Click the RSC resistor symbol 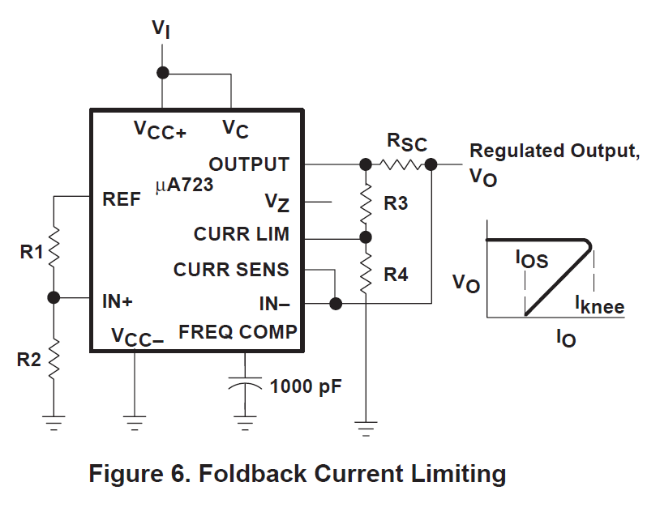click(400, 164)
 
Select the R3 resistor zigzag click(366, 204)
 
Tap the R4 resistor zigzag click(366, 273)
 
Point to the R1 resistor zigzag click(54, 248)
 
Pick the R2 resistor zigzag click(54, 360)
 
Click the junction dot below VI click(162, 73)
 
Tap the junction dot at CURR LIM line click(366, 237)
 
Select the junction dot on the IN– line click(336, 303)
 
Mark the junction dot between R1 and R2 click(54, 298)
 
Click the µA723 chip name click(184, 185)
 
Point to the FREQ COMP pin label click(238, 332)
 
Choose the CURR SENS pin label click(231, 270)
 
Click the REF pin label click(122, 199)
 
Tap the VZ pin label click(277, 203)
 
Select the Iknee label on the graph click(600, 305)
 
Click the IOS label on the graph click(532, 259)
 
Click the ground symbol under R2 click(54, 423)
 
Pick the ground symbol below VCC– click(135, 423)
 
